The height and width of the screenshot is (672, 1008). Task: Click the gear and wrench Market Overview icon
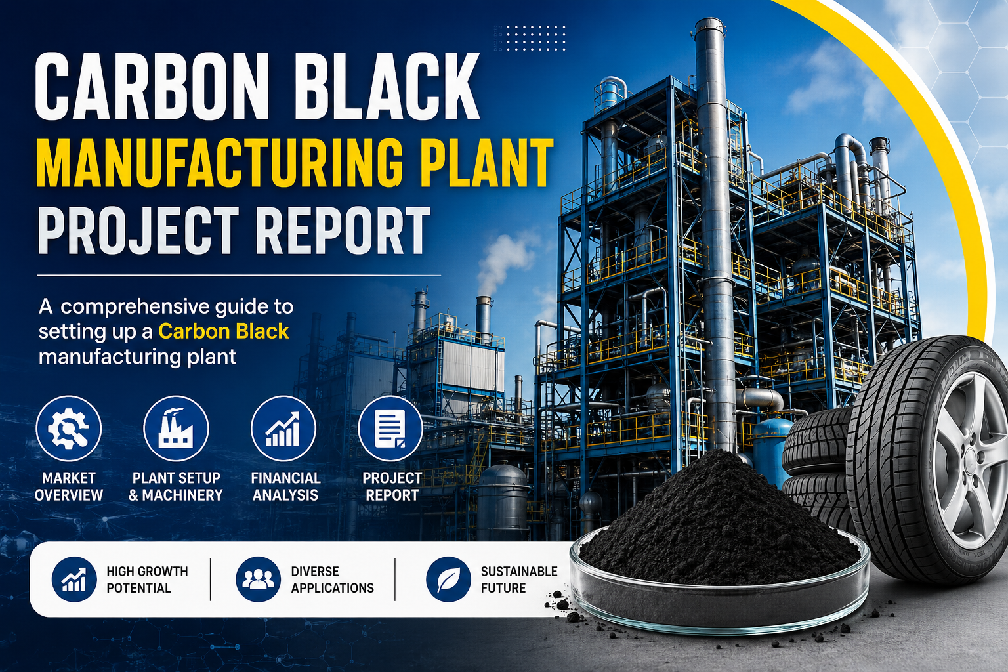pyautogui.click(x=69, y=429)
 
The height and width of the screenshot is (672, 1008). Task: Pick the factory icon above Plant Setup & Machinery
pyautogui.click(x=176, y=429)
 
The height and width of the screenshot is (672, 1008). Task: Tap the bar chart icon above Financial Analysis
pyautogui.click(x=283, y=429)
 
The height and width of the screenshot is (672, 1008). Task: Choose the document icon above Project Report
pyautogui.click(x=390, y=429)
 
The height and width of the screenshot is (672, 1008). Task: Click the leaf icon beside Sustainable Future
pyautogui.click(x=448, y=579)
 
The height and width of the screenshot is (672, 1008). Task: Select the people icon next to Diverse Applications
pyautogui.click(x=259, y=579)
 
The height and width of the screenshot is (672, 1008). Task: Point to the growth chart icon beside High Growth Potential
pyautogui.click(x=74, y=579)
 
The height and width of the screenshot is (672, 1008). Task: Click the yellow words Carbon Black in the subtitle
pyautogui.click(x=223, y=331)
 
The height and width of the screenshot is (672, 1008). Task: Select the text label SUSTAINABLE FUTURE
pyautogui.click(x=519, y=579)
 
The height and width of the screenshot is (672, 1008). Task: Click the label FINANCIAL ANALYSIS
pyautogui.click(x=285, y=486)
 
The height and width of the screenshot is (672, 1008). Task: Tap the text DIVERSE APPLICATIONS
pyautogui.click(x=332, y=579)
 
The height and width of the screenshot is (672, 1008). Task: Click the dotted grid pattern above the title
pyautogui.click(x=530, y=38)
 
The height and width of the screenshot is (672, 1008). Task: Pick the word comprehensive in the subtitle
pyautogui.click(x=135, y=308)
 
